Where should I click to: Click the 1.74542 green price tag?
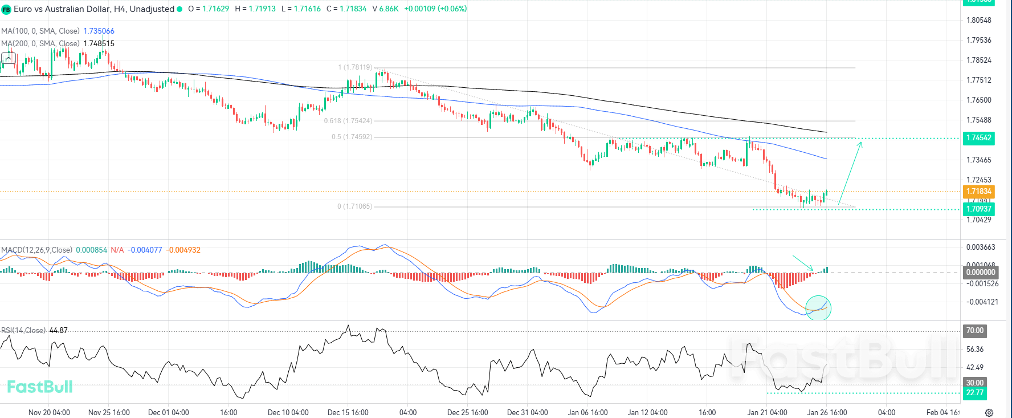pyautogui.click(x=978, y=137)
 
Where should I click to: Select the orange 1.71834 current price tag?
pyautogui.click(x=978, y=191)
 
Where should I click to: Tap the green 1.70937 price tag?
pyautogui.click(x=978, y=209)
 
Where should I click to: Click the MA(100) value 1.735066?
pyautogui.click(x=99, y=31)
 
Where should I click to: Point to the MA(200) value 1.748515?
pyautogui.click(x=99, y=43)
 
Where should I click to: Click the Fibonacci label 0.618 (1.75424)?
pyautogui.click(x=348, y=121)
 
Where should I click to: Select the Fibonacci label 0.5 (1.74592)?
pyautogui.click(x=352, y=137)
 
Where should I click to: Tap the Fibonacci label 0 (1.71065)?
pyautogui.click(x=354, y=206)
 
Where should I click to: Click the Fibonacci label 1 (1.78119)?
pyautogui.click(x=355, y=67)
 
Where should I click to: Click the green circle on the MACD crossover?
pyautogui.click(x=818, y=308)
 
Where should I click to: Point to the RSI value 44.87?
pyautogui.click(x=58, y=330)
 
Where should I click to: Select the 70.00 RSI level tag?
pyautogui.click(x=974, y=330)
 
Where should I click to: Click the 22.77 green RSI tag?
pyautogui.click(x=974, y=392)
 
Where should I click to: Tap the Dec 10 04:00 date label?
pyautogui.click(x=288, y=412)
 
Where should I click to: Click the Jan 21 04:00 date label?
pyautogui.click(x=767, y=412)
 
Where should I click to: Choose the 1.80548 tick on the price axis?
pyautogui.click(x=978, y=20)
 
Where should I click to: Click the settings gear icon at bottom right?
pyautogui.click(x=989, y=412)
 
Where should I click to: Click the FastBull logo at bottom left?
pyautogui.click(x=39, y=387)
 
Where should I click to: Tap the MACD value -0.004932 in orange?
pyautogui.click(x=183, y=250)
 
